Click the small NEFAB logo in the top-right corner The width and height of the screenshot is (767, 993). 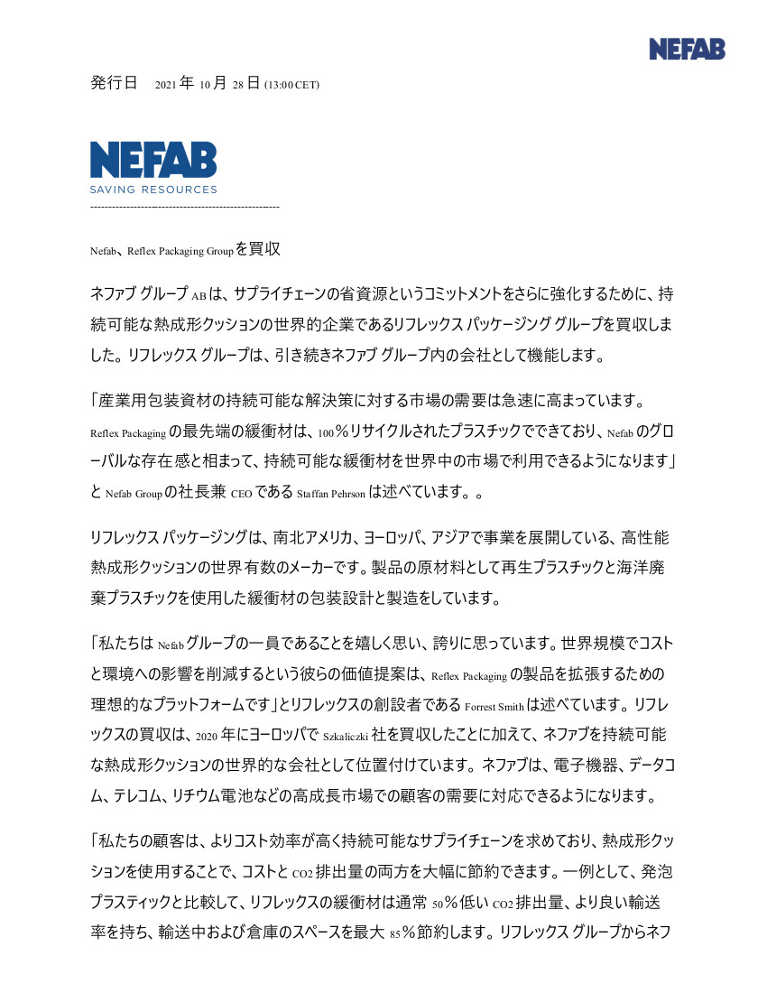click(x=687, y=50)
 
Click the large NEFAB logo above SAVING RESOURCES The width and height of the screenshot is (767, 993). click(x=153, y=160)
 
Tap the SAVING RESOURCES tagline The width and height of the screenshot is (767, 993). click(x=153, y=190)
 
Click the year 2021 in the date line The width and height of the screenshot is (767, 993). click(x=166, y=86)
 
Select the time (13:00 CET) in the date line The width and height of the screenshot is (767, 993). click(x=291, y=86)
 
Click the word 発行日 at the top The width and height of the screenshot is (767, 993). click(x=114, y=84)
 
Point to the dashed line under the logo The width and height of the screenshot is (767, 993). click(x=185, y=209)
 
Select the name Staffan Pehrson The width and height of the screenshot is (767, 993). click(x=330, y=494)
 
